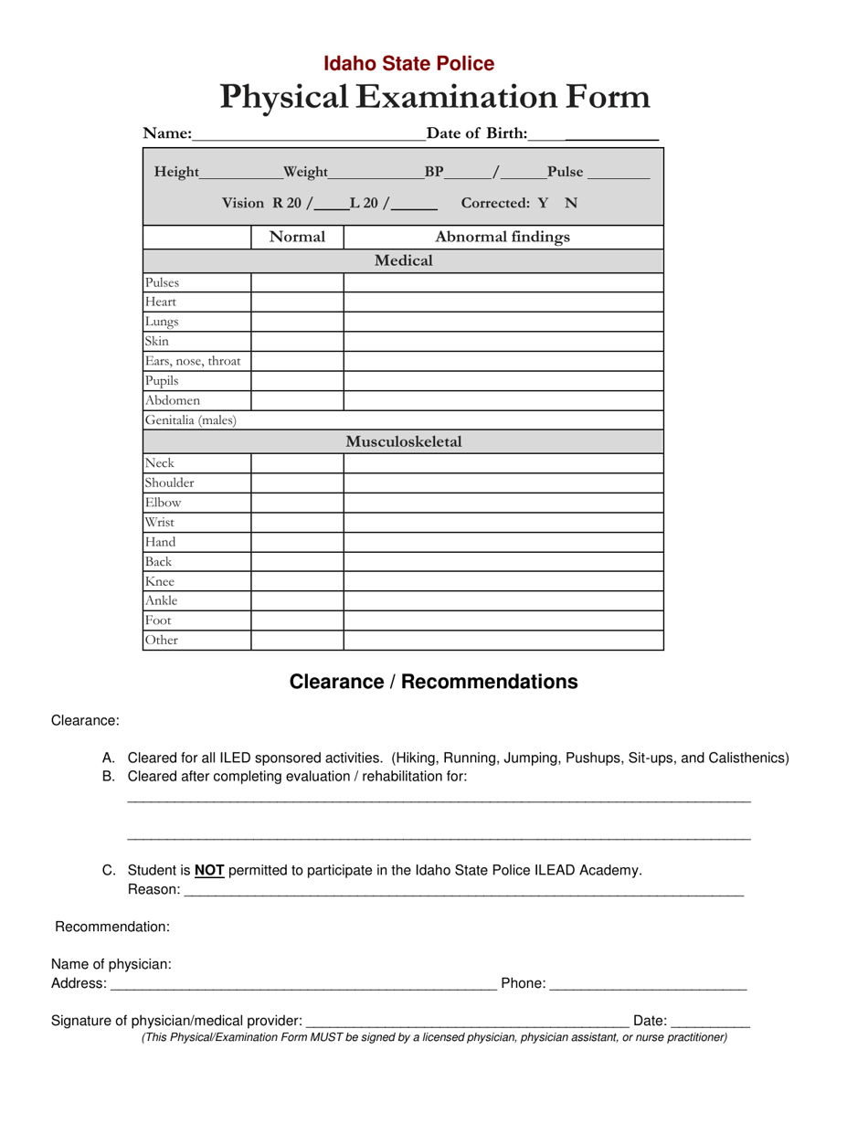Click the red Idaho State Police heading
pyautogui.click(x=408, y=63)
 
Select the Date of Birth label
pyautogui.click(x=477, y=134)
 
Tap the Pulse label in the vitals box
pyautogui.click(x=565, y=172)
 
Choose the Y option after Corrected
pyautogui.click(x=543, y=203)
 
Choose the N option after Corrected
pyautogui.click(x=571, y=203)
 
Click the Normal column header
pyautogui.click(x=297, y=238)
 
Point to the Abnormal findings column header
pyautogui.click(x=503, y=238)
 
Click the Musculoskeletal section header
pyautogui.click(x=403, y=442)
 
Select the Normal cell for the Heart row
pyautogui.click(x=297, y=302)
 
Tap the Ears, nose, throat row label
pyautogui.click(x=193, y=361)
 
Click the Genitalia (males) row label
pyautogui.click(x=191, y=420)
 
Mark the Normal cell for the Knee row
pyautogui.click(x=297, y=581)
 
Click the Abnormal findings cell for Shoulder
pyautogui.click(x=503, y=482)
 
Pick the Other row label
pyautogui.click(x=162, y=641)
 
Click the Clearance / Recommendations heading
pyautogui.click(x=433, y=682)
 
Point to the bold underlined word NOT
pyautogui.click(x=209, y=871)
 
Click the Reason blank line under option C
pyautogui.click(x=463, y=892)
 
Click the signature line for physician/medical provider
pyautogui.click(x=467, y=1021)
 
